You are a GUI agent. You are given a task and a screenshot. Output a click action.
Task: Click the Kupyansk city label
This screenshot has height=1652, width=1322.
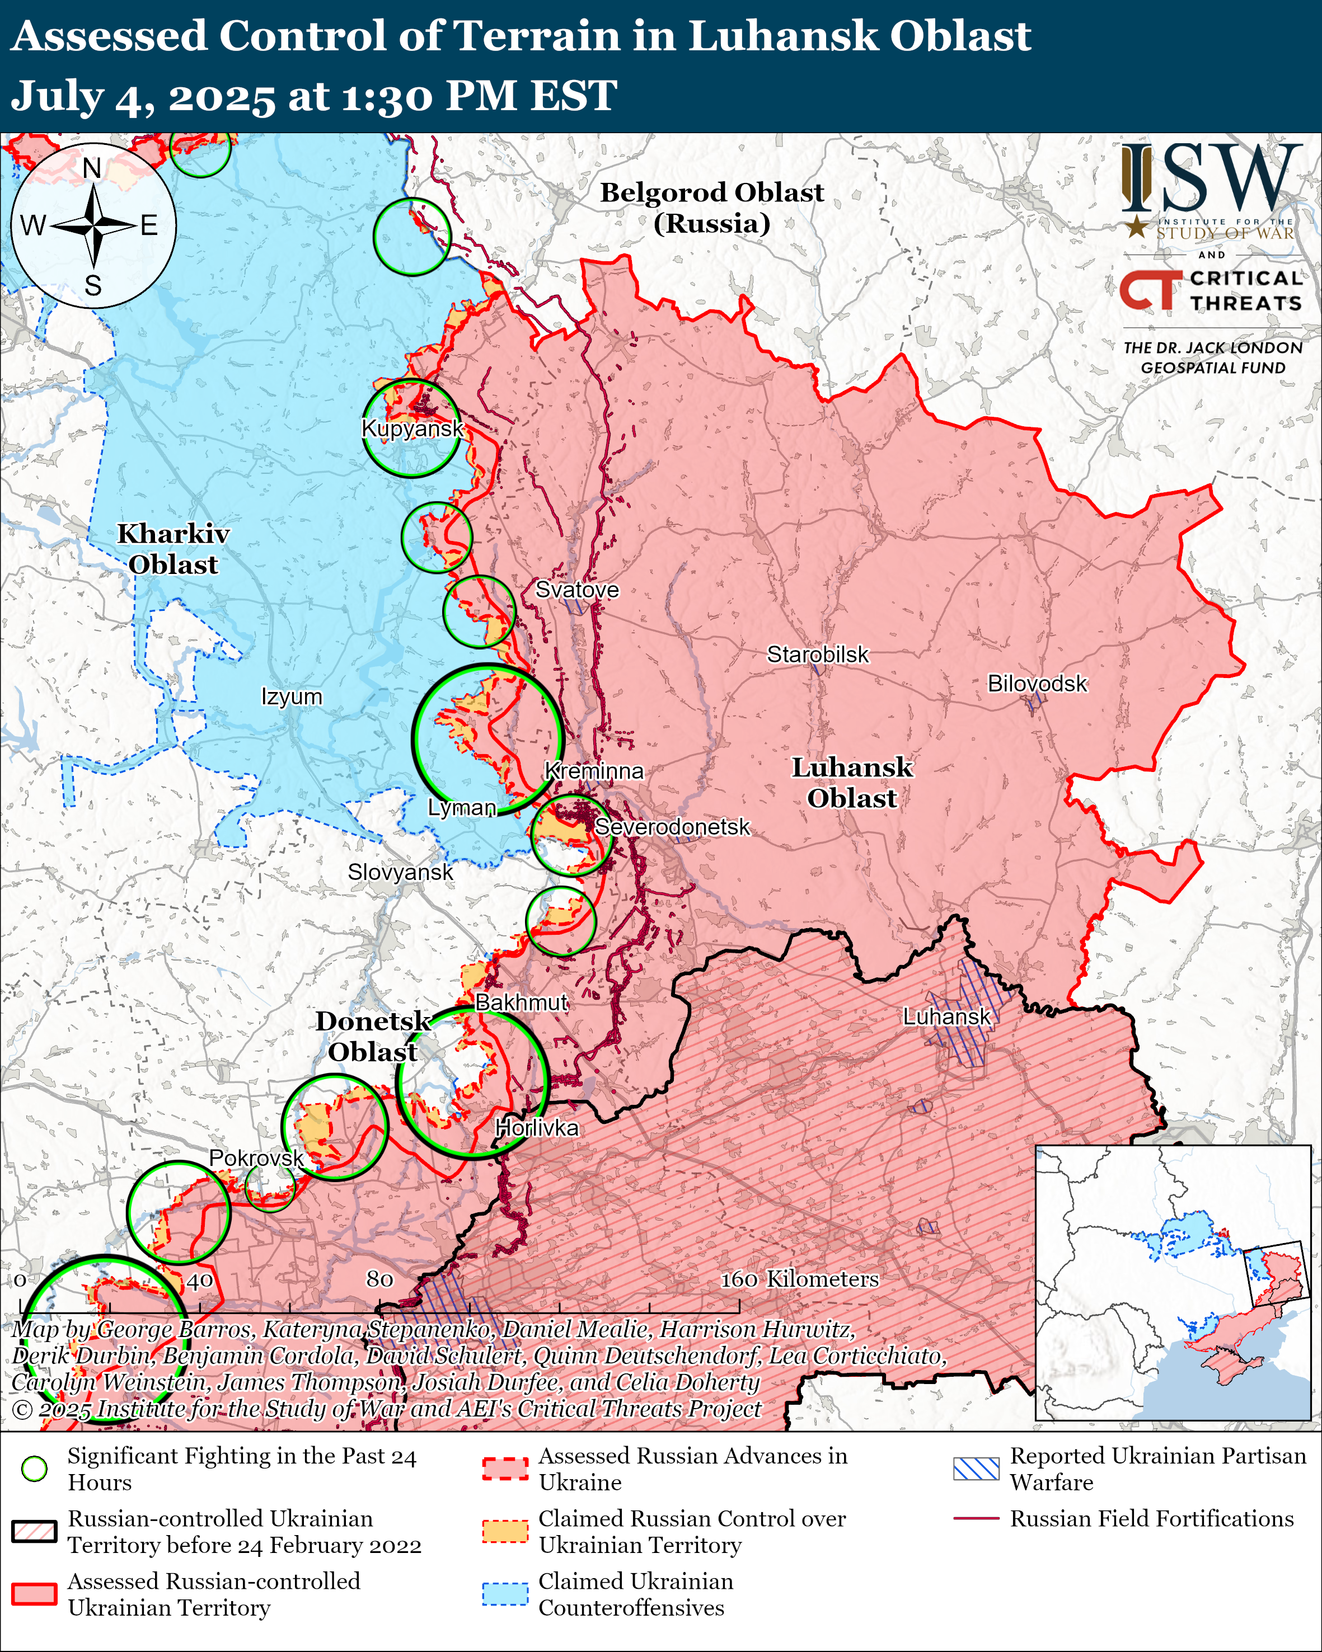412,429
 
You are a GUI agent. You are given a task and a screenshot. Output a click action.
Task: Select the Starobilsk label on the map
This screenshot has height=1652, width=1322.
818,655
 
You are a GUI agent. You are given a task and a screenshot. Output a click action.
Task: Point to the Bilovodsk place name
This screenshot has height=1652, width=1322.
1037,684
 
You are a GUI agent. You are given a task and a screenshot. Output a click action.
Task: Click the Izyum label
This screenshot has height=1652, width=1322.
291,696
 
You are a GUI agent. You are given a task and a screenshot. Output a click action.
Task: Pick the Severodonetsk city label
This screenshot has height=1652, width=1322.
672,827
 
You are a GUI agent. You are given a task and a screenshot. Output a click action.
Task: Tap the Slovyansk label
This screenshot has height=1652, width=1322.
400,872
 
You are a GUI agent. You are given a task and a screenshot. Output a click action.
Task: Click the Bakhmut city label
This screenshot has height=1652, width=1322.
521,1003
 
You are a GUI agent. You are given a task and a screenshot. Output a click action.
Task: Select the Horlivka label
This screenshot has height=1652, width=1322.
536,1128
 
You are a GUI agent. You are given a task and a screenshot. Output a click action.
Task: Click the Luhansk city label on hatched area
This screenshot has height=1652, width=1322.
946,1017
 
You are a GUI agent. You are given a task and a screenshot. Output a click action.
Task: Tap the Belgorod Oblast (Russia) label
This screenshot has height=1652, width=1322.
711,208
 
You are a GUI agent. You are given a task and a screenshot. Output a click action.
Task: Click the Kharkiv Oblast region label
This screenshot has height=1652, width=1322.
173,549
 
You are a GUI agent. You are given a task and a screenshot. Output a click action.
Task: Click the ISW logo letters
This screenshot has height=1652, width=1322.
1211,180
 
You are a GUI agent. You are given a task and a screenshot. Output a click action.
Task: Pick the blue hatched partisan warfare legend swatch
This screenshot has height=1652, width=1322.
976,1469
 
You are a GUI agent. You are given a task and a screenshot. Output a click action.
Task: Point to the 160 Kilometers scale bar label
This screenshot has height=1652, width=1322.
799,1279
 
